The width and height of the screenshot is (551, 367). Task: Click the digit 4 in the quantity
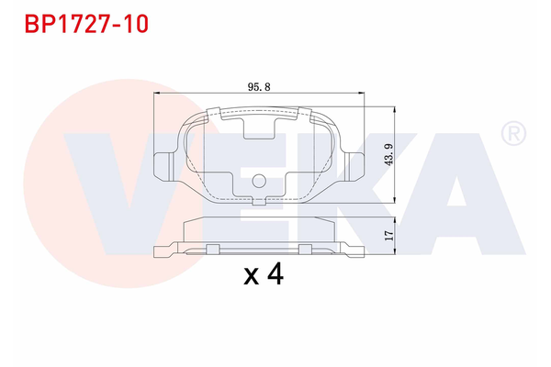[x=274, y=275]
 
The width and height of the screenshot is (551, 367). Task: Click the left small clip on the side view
[x=212, y=248]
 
